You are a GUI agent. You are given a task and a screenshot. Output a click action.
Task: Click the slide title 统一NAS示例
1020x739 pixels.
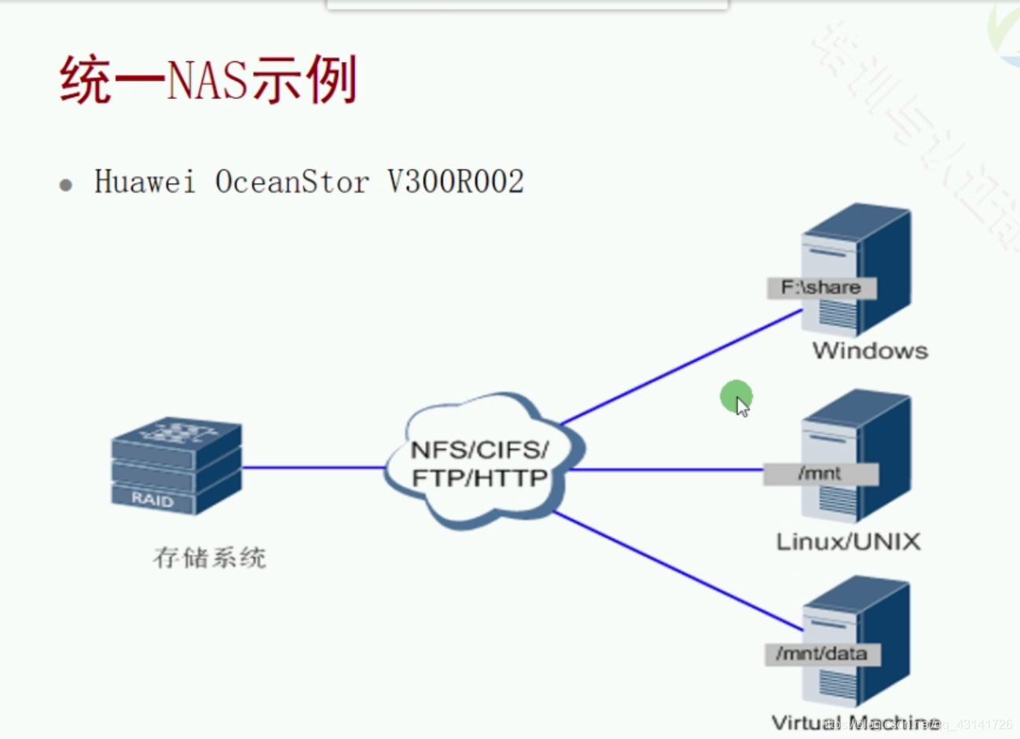(x=208, y=80)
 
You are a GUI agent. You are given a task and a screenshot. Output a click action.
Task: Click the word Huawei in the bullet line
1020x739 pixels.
(x=145, y=182)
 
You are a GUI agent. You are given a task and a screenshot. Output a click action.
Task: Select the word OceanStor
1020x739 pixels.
(x=292, y=182)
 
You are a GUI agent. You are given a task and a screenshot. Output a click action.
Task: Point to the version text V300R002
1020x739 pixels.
(x=456, y=182)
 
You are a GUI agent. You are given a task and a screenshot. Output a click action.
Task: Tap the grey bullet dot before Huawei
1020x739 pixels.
(x=66, y=185)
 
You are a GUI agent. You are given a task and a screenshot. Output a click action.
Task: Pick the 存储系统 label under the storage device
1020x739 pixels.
(x=210, y=558)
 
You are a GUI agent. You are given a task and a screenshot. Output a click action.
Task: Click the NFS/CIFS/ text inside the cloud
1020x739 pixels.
(x=479, y=450)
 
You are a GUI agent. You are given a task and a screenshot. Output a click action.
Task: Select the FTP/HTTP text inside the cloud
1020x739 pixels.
(x=479, y=477)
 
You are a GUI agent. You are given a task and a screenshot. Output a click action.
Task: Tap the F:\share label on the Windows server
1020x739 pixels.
(x=820, y=287)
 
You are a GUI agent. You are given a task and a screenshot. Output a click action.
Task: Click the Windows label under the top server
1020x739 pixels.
(x=870, y=350)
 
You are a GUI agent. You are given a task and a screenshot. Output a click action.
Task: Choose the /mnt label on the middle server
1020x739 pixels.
(x=819, y=474)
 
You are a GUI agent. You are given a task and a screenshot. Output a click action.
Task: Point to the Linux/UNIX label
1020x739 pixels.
(x=848, y=541)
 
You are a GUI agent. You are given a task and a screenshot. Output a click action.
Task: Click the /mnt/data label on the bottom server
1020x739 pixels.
(x=821, y=653)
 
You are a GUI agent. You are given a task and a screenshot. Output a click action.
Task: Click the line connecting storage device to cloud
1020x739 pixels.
(x=314, y=468)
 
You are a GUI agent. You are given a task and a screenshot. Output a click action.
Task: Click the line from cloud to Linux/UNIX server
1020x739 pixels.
(x=664, y=470)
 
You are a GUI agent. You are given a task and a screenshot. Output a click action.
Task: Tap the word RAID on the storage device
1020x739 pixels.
(x=152, y=499)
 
